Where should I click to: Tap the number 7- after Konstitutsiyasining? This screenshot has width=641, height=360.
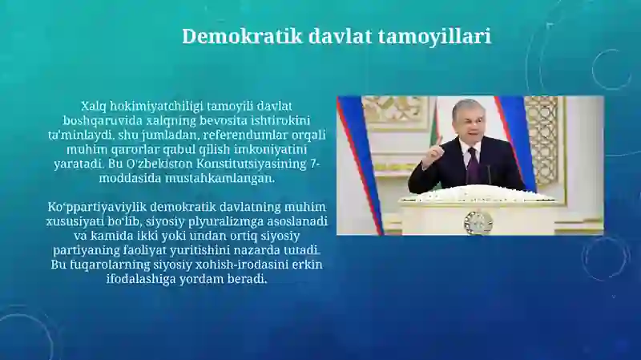pos(315,164)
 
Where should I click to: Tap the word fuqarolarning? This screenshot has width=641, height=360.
pos(100,265)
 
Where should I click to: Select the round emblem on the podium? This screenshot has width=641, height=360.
pos(473,223)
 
